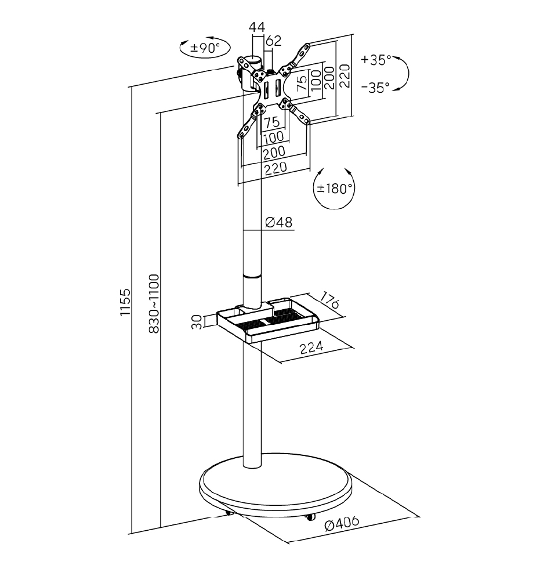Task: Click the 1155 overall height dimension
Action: coord(125,303)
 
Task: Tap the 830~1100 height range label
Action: coord(154,303)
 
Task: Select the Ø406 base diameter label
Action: coord(342,523)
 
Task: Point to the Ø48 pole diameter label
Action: coord(279,222)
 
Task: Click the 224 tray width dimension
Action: coord(312,348)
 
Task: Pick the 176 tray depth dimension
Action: coord(330,303)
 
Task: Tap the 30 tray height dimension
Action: coord(197,322)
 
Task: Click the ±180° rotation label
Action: coord(334,188)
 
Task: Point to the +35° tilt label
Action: coord(375,60)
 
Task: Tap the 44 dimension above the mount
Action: coord(257,27)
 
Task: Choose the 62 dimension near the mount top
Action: coord(273,41)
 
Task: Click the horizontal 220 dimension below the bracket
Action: coord(276,169)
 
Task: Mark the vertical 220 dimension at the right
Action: coord(345,76)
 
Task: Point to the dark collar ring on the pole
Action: coord(252,276)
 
